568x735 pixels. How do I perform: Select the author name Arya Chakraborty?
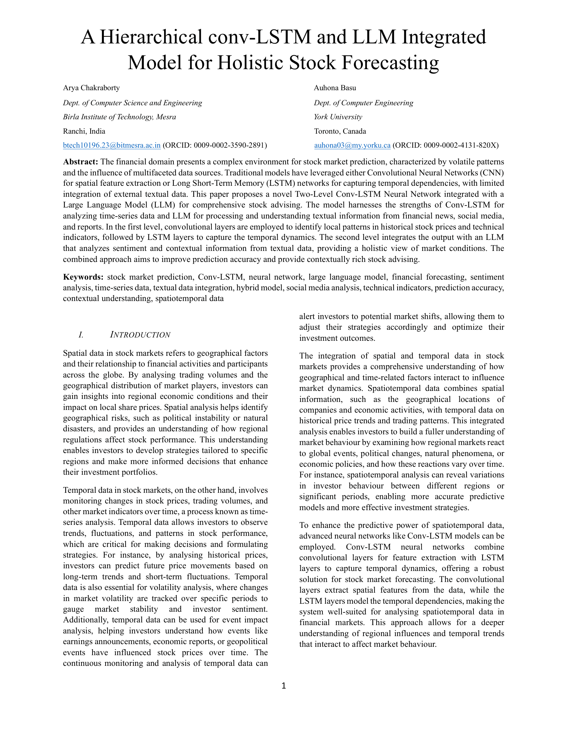click(91, 88)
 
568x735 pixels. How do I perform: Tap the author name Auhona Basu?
click(335, 88)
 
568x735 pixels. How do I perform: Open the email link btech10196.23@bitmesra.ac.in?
click(112, 145)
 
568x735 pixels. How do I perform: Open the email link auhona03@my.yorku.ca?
click(352, 145)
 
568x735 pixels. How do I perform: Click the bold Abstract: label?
click(81, 162)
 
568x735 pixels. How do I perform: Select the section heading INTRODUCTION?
click(140, 335)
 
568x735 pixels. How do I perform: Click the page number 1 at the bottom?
click(284, 686)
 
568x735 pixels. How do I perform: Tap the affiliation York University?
click(338, 117)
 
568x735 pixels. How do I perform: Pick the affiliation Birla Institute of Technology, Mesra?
click(120, 117)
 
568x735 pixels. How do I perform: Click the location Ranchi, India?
click(84, 131)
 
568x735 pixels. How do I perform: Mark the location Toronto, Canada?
click(340, 131)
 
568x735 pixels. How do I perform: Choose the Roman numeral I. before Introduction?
click(81, 335)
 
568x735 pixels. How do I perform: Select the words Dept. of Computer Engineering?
click(364, 103)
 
